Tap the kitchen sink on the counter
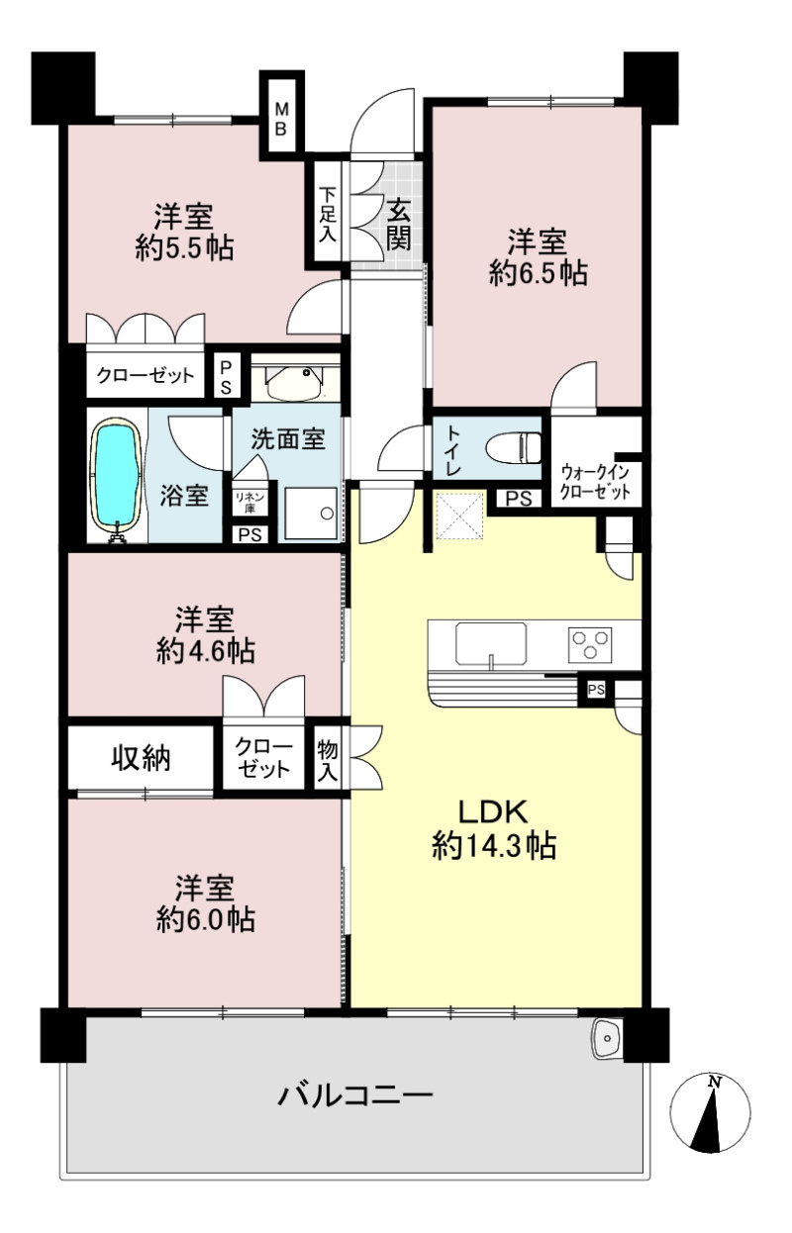(x=491, y=643)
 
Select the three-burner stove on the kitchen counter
(x=590, y=644)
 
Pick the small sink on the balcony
(x=607, y=1038)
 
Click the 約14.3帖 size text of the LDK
(x=493, y=845)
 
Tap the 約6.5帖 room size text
(x=538, y=273)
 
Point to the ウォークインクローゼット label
(x=595, y=481)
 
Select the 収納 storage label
(x=141, y=759)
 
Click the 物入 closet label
(x=328, y=762)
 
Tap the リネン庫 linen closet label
(x=250, y=501)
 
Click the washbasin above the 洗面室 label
(x=294, y=381)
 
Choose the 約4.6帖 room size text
(x=206, y=652)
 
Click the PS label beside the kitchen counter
(x=596, y=689)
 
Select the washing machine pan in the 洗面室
(x=311, y=513)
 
